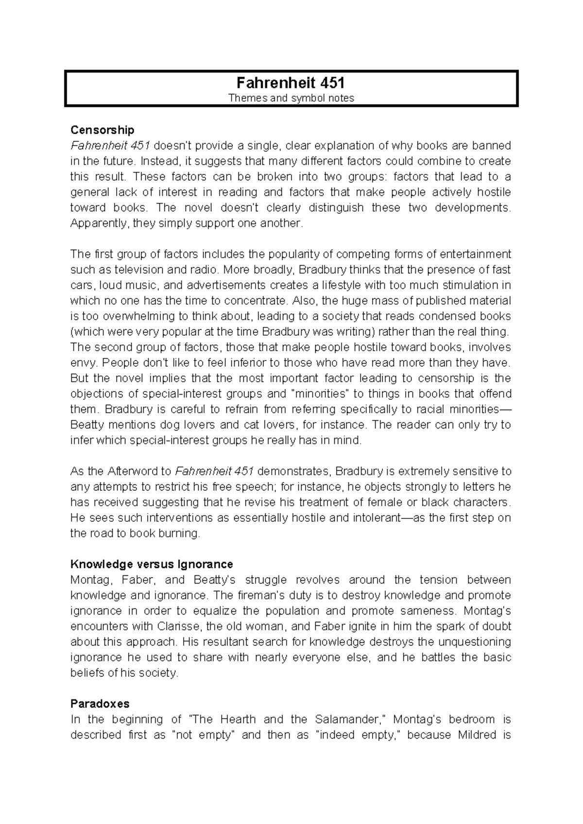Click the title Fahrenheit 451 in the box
tap(291, 82)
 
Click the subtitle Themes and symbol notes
tap(291, 98)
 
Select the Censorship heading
tap(102, 130)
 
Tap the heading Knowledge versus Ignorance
tap(152, 565)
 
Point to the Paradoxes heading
tap(100, 704)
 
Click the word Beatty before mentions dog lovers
tap(87, 425)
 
